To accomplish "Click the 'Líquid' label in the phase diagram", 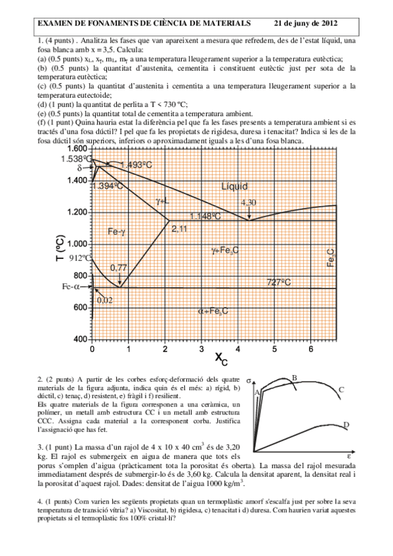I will tap(235, 187).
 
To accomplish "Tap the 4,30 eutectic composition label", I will tap(248, 203).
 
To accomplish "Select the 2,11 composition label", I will tap(179, 228).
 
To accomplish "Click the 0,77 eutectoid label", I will tap(119, 267).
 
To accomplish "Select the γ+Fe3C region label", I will tap(225, 250).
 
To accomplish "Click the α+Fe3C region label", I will tap(213, 311).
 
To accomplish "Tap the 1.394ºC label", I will tap(109, 186).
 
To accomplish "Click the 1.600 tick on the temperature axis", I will tap(77, 149).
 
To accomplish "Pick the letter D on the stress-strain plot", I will tap(345, 426).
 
